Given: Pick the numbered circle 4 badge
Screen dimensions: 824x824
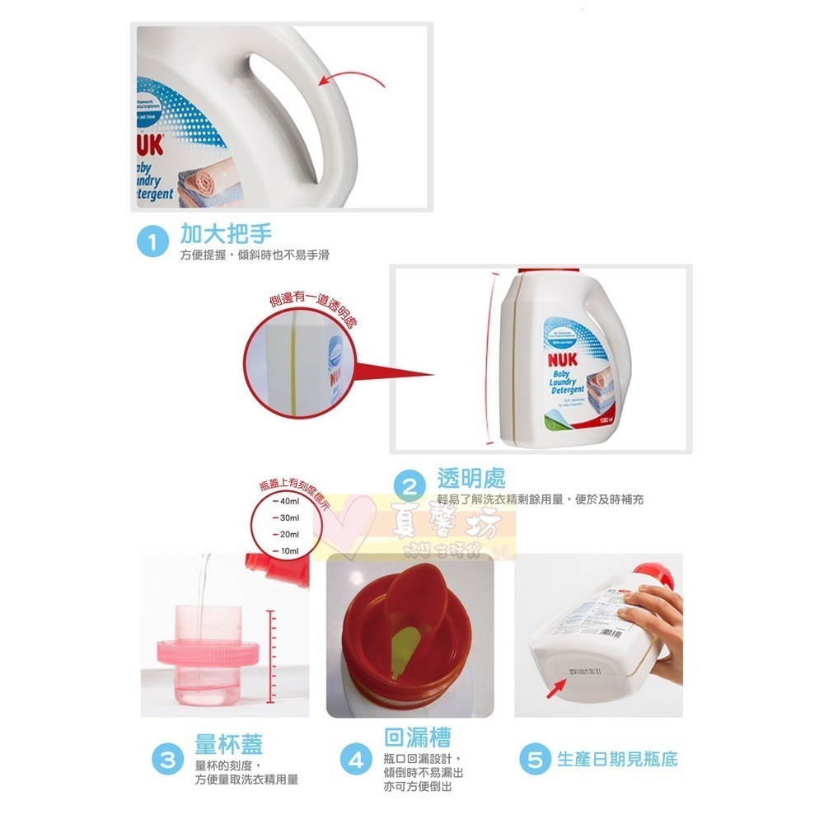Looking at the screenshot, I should click(x=356, y=760).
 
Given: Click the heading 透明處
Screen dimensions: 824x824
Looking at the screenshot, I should click(x=471, y=478).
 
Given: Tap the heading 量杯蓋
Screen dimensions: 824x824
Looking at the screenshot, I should click(x=228, y=745).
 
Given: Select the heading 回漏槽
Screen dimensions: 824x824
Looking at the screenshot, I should click(x=417, y=736).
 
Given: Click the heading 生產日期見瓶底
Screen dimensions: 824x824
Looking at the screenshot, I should click(x=617, y=759).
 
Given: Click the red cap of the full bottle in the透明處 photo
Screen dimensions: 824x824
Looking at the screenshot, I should click(x=536, y=271).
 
